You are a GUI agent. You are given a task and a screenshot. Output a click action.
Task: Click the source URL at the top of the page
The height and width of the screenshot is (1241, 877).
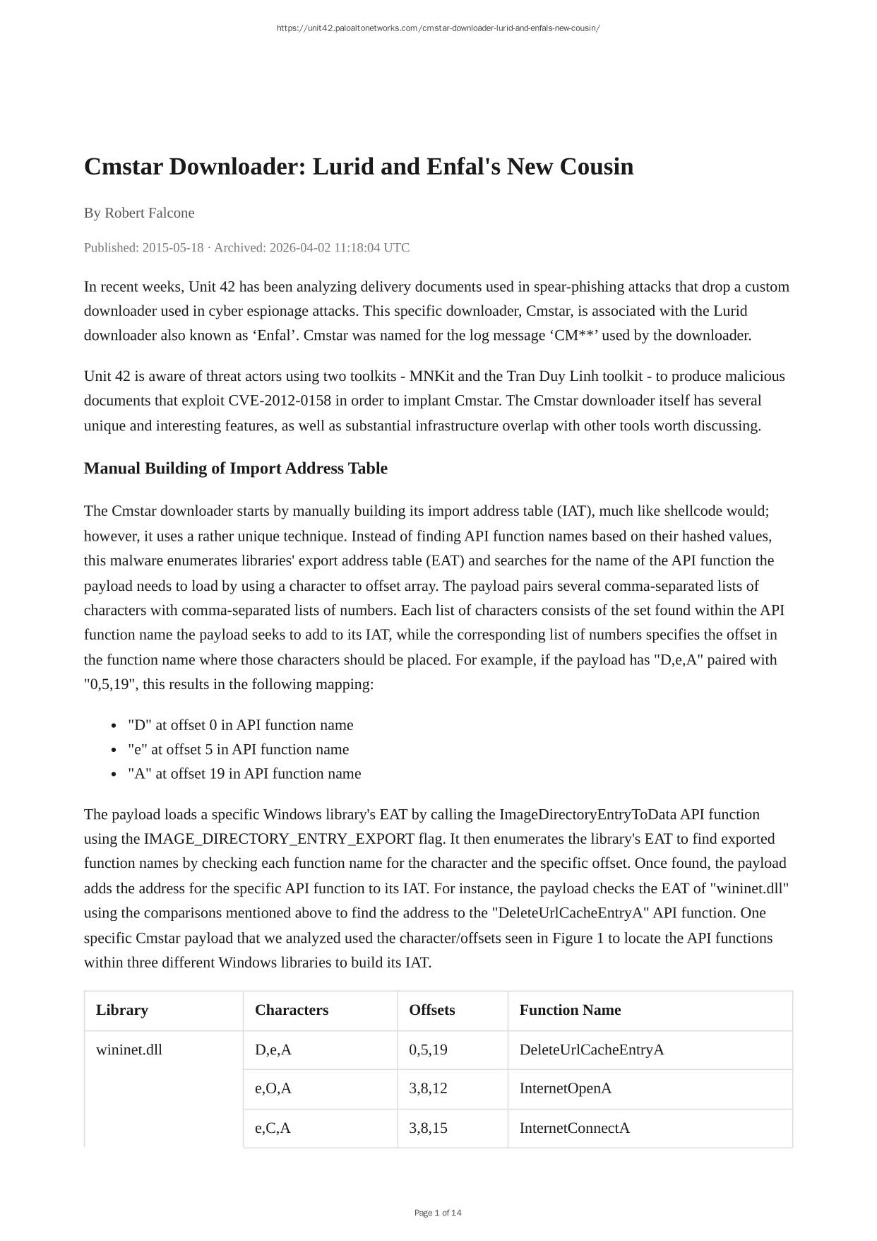438,28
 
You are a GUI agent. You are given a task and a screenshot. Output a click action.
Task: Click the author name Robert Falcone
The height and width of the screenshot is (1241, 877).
149,213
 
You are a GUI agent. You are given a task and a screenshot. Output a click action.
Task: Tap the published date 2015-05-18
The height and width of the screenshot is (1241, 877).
172,247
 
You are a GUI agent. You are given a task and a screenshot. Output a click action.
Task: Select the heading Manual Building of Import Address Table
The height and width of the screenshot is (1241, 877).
235,469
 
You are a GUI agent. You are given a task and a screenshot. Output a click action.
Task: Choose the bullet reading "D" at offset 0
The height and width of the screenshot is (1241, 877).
240,725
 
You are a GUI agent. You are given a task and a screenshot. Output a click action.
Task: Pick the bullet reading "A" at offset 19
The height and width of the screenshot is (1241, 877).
244,774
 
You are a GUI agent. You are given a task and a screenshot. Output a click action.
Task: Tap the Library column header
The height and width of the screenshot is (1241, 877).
122,1010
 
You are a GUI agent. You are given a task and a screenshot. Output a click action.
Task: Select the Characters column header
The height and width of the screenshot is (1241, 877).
292,1010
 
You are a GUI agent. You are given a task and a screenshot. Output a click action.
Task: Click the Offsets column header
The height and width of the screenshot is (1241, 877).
431,1010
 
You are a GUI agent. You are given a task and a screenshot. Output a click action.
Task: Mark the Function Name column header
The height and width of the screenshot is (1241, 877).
570,1010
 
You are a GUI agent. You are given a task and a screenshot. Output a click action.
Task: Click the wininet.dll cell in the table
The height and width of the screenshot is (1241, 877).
129,1049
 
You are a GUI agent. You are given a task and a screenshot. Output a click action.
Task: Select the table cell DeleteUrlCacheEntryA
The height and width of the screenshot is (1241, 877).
592,1049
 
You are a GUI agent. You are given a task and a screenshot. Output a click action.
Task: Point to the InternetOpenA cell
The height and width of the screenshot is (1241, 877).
566,1088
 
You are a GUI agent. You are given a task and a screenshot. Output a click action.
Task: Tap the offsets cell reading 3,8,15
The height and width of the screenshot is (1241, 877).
428,1128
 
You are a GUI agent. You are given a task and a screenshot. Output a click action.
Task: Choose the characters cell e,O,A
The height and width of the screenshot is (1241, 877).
273,1088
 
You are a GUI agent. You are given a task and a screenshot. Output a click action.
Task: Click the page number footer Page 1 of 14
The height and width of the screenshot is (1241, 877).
438,1213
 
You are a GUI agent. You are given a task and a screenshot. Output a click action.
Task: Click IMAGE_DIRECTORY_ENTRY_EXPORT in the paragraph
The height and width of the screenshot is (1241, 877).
279,839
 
